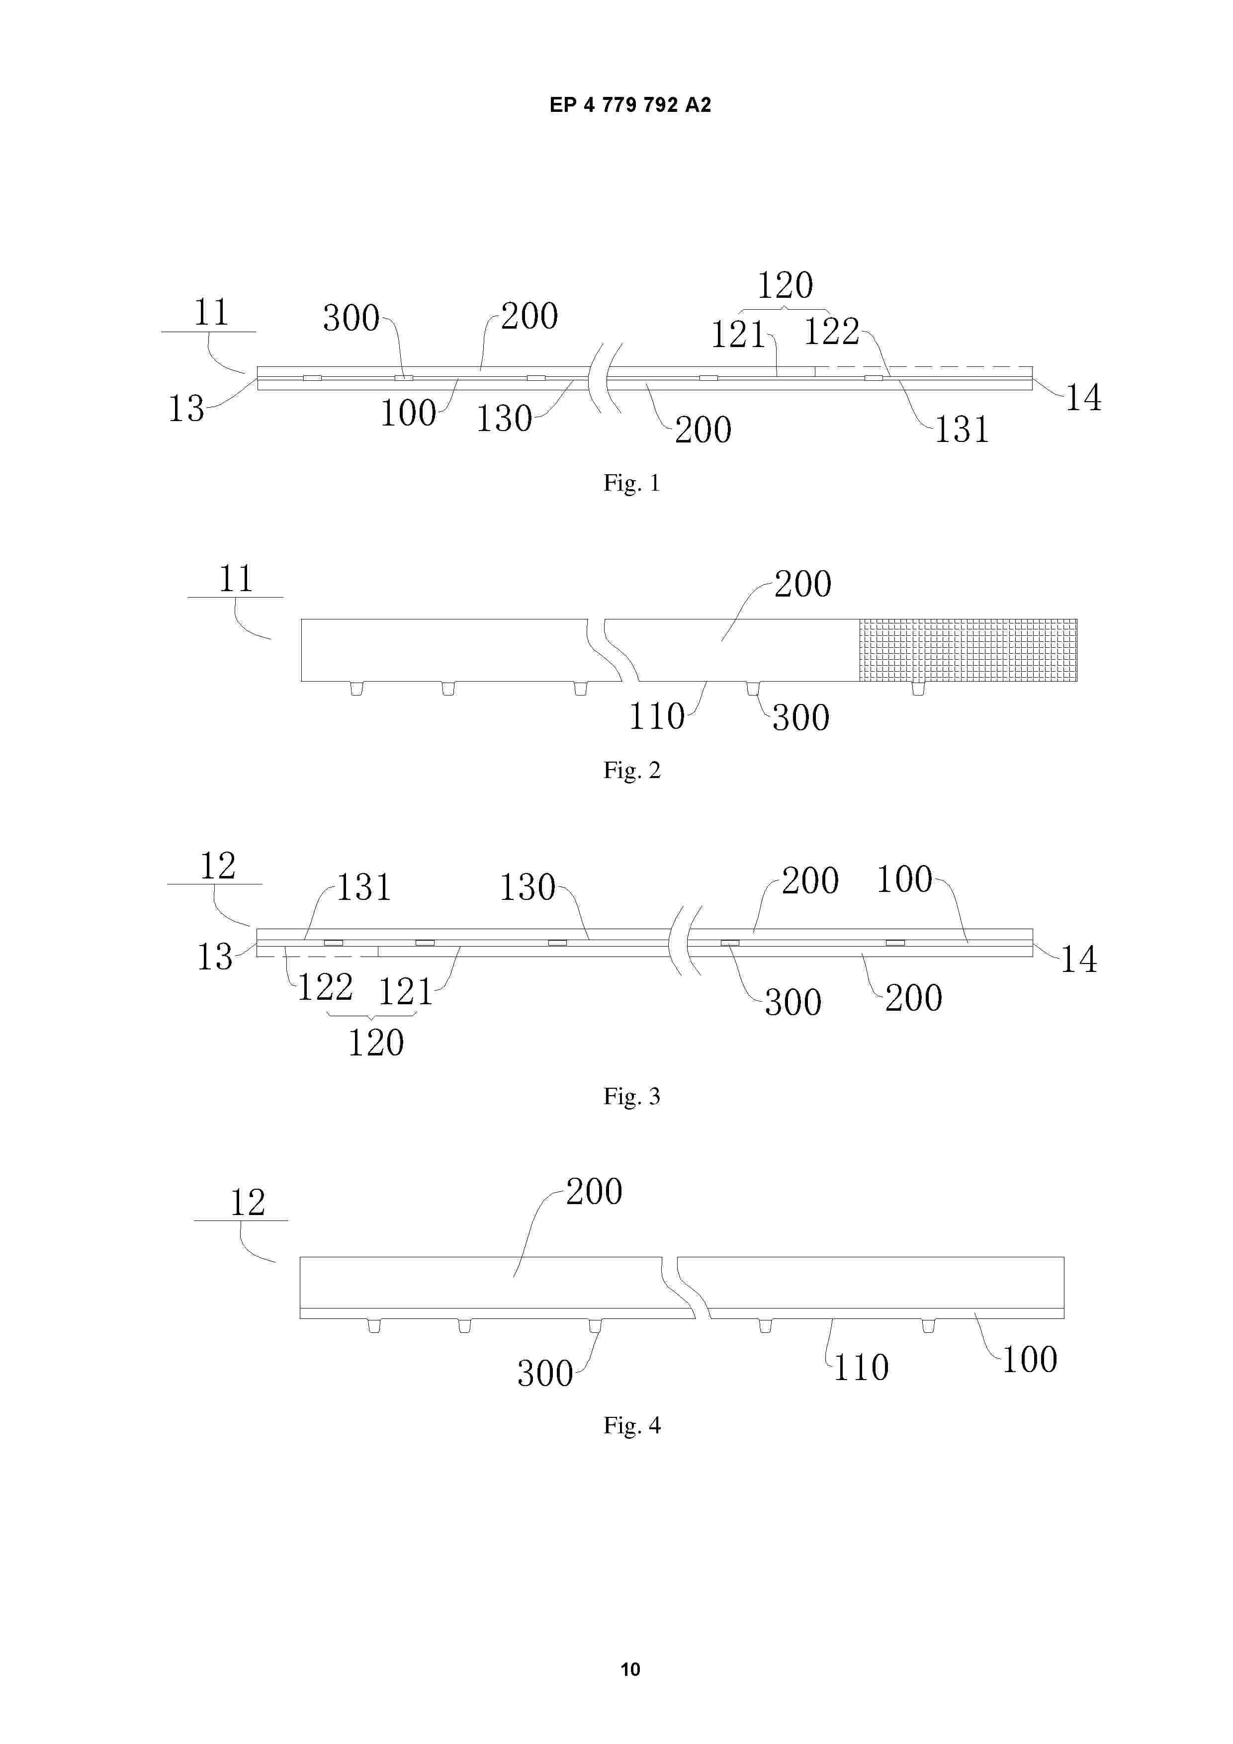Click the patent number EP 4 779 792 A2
coord(630,105)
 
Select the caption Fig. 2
coord(631,770)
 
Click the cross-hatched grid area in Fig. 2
coord(968,650)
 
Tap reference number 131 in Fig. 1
coord(961,430)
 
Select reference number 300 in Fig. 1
coord(351,318)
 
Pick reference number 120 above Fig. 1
coord(785,285)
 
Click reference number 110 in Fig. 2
coord(656,716)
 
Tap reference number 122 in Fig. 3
coord(324,987)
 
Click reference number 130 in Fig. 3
coord(527,887)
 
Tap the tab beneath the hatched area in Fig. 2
coord(918,689)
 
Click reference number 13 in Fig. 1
coord(186,409)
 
